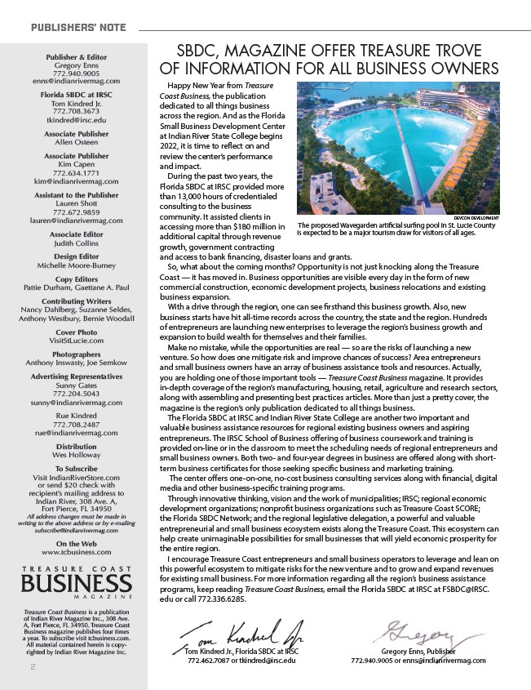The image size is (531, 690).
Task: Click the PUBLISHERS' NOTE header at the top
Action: coord(78,28)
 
